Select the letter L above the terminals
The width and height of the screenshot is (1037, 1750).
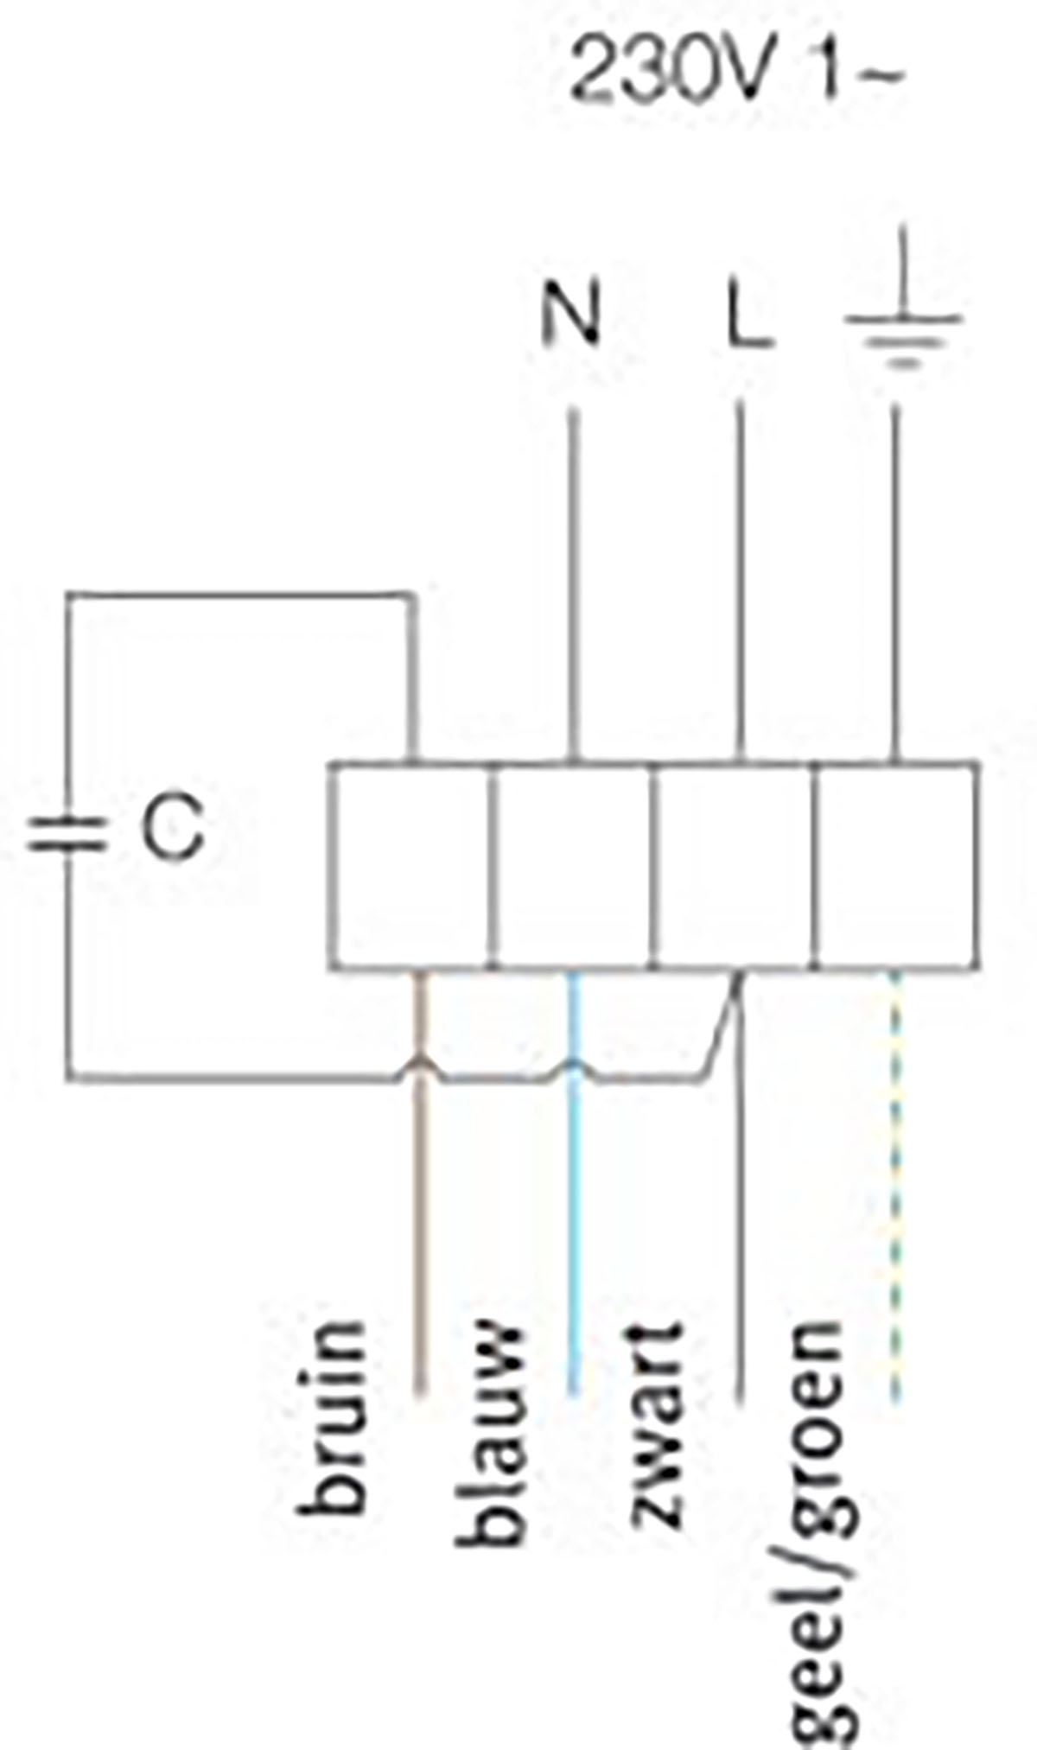tap(748, 316)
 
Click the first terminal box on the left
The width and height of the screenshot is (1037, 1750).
tap(410, 866)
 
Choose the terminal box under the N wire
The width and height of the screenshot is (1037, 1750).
tap(572, 866)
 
